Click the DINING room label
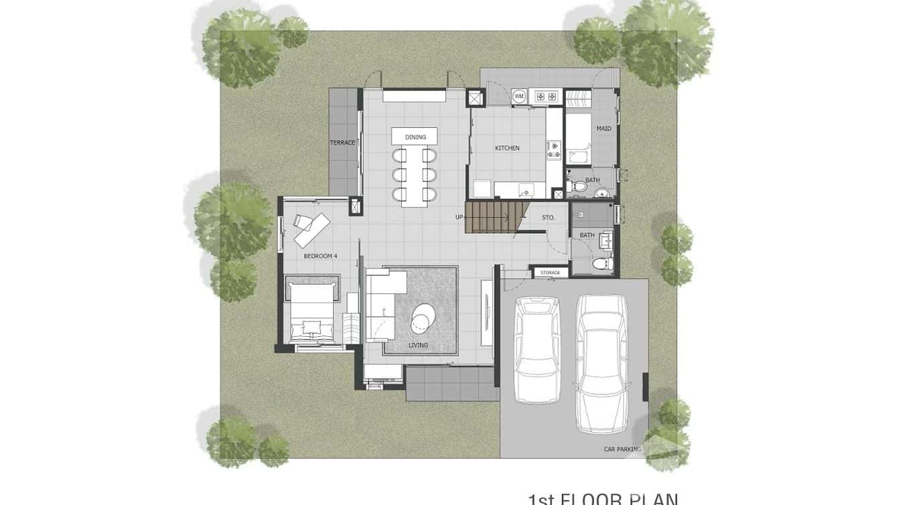(x=415, y=137)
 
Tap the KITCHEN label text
(x=507, y=148)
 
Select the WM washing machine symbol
(x=518, y=97)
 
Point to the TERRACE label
(x=342, y=143)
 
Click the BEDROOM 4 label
(x=320, y=256)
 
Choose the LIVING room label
(x=418, y=346)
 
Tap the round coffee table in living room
(x=422, y=317)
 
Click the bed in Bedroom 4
(x=312, y=312)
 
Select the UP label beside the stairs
(x=459, y=217)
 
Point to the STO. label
(x=548, y=217)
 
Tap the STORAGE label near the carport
(x=550, y=273)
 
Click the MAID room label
(x=604, y=129)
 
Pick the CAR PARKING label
(x=622, y=449)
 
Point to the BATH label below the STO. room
(x=587, y=235)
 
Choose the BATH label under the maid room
(x=592, y=180)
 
